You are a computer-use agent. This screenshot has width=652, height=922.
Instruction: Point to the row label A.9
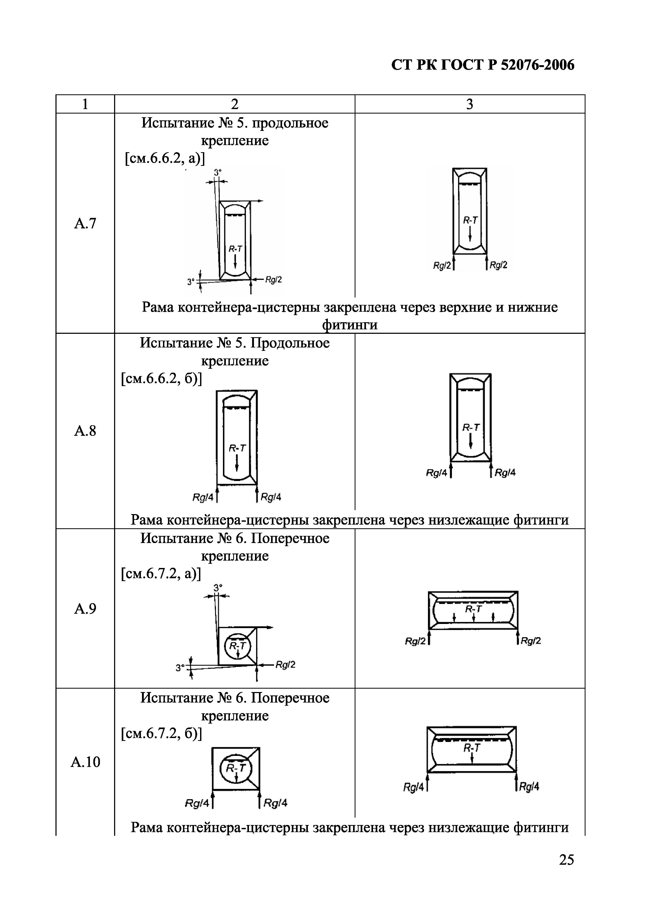point(85,609)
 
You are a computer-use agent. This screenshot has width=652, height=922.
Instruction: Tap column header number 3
point(470,104)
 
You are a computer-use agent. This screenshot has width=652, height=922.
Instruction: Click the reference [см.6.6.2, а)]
point(165,159)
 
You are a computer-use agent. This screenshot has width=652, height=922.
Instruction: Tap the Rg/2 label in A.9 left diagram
point(285,665)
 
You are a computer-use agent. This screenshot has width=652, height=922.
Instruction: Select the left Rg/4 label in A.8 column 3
point(436,473)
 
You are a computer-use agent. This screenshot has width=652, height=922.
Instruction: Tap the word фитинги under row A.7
point(350,325)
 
